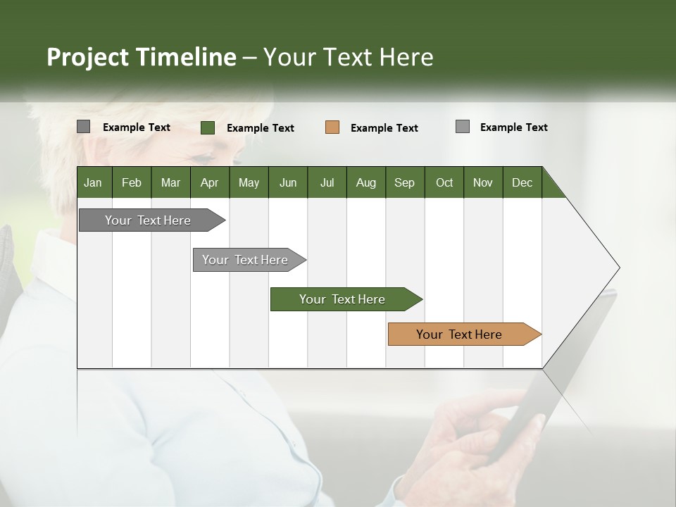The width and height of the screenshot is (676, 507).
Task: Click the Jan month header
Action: [93, 182]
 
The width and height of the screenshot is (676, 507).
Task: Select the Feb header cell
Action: [132, 182]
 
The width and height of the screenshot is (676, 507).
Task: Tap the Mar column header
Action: [170, 182]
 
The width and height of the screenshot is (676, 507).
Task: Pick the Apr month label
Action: [209, 182]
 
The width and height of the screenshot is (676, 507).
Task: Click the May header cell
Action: [249, 182]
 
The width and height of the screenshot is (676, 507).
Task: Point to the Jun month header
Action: [288, 182]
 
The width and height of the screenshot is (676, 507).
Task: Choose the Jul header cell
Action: [327, 182]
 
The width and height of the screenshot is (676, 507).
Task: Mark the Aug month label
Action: [366, 182]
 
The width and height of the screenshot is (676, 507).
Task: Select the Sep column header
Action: [405, 182]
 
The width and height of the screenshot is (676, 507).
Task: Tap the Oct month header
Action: [444, 182]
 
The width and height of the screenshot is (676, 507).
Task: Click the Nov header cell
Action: [483, 182]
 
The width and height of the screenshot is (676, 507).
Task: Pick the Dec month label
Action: [522, 182]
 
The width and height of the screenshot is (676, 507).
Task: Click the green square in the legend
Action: [208, 127]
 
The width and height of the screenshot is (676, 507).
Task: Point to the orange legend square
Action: [332, 127]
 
